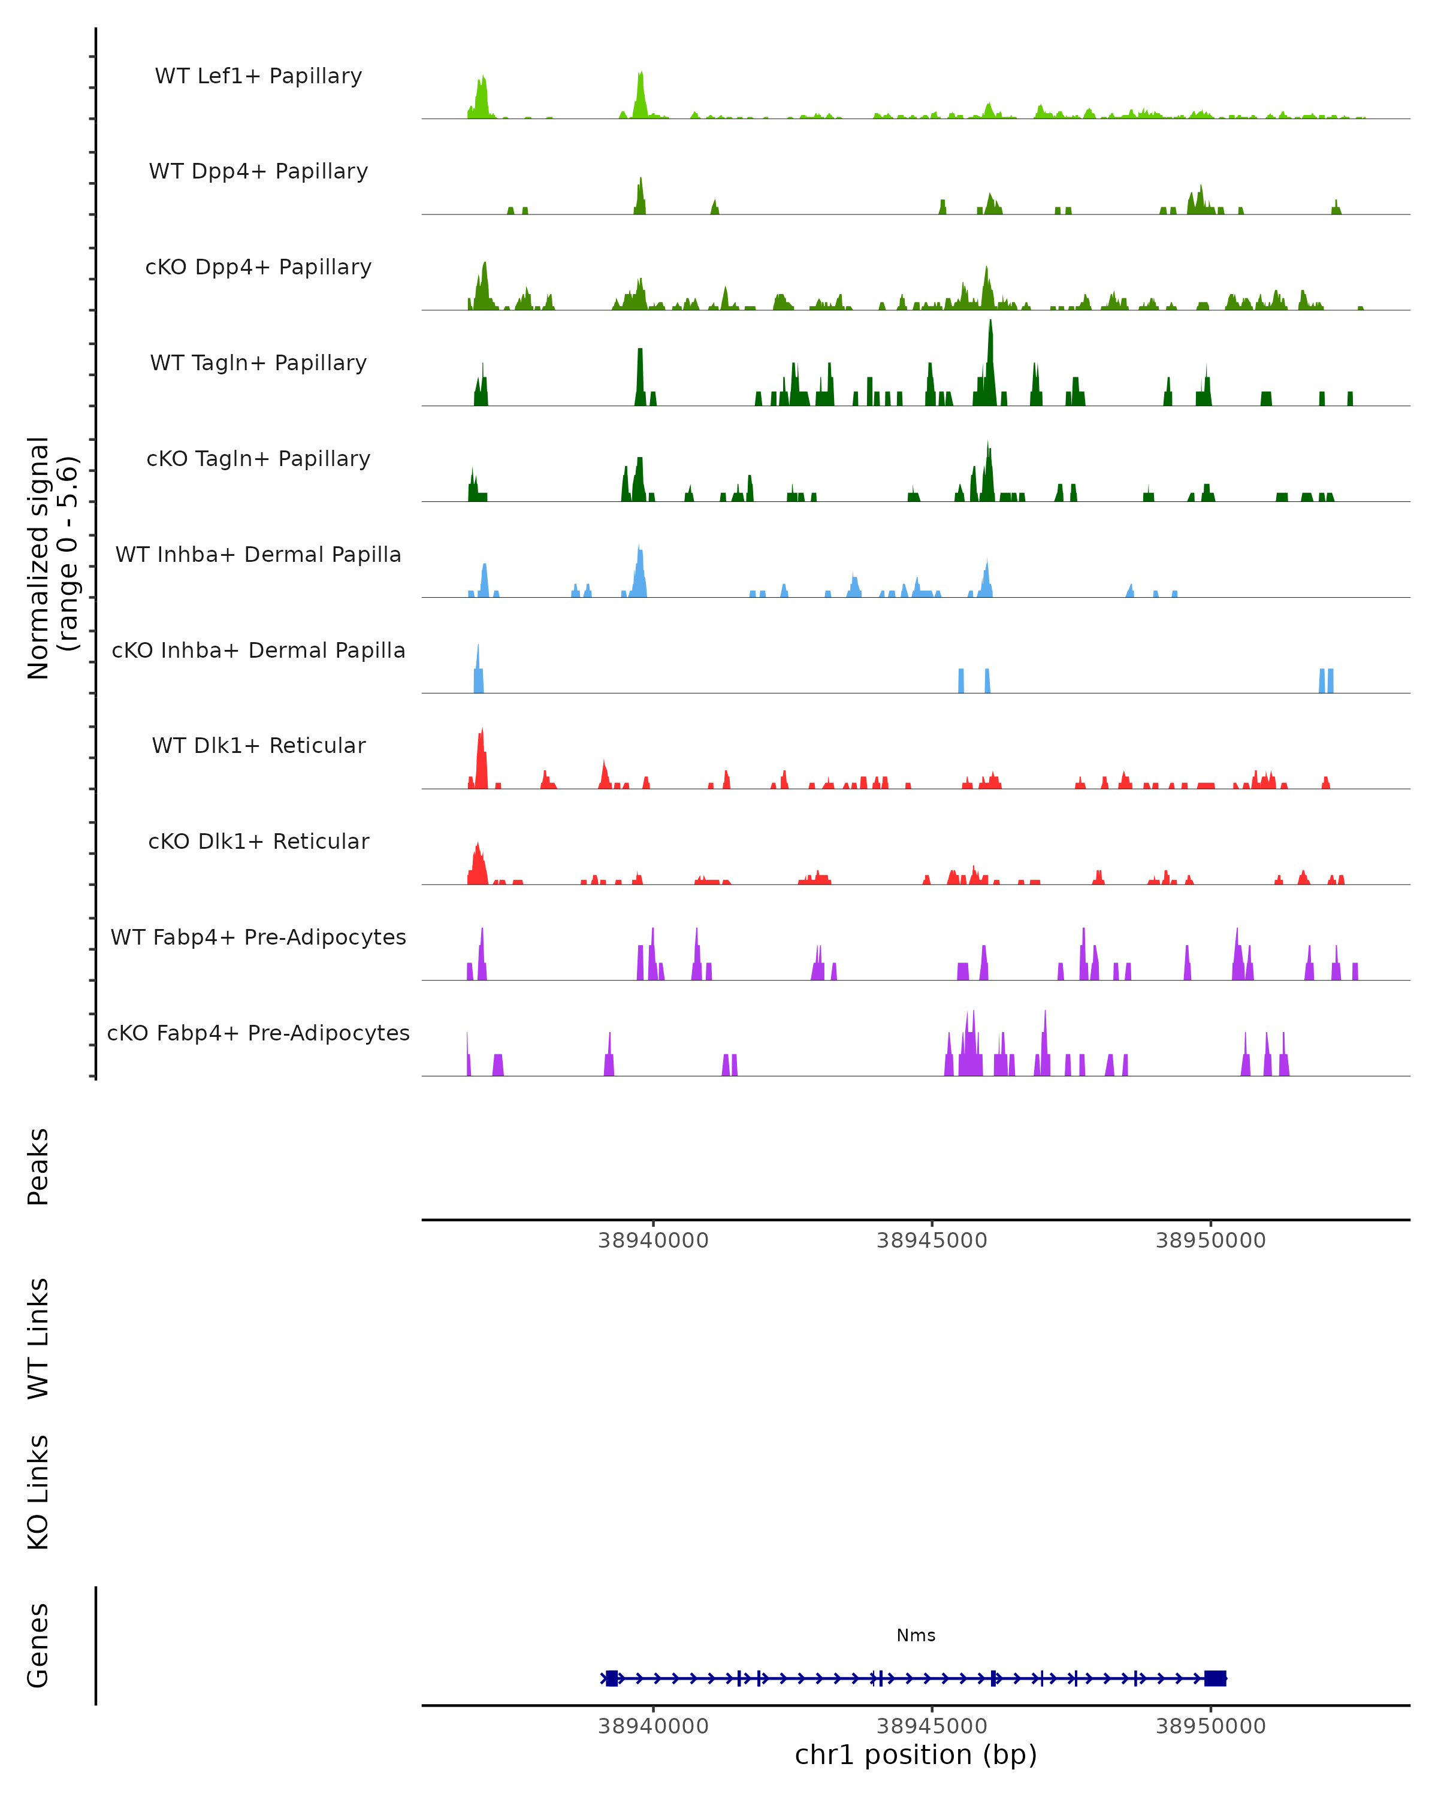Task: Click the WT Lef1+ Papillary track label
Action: pyautogui.click(x=258, y=76)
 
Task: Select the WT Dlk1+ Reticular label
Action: pyautogui.click(x=258, y=745)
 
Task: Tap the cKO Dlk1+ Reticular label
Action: pyautogui.click(x=258, y=841)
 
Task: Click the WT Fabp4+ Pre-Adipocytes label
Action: pyautogui.click(x=258, y=937)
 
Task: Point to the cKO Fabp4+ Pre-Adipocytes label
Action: pyautogui.click(x=258, y=1033)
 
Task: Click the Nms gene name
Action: pyautogui.click(x=916, y=1635)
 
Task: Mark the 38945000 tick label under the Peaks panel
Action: pyautogui.click(x=931, y=1241)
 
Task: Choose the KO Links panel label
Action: pyautogui.click(x=38, y=1492)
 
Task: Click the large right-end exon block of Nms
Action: pyautogui.click(x=1215, y=1678)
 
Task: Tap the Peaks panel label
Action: pyautogui.click(x=38, y=1166)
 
